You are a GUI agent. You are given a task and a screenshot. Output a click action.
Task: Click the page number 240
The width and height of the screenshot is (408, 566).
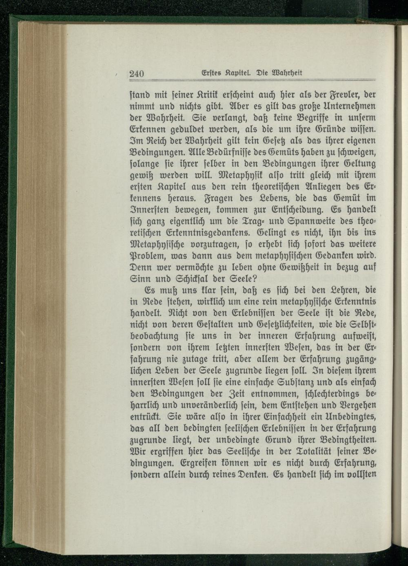[x=137, y=74]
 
